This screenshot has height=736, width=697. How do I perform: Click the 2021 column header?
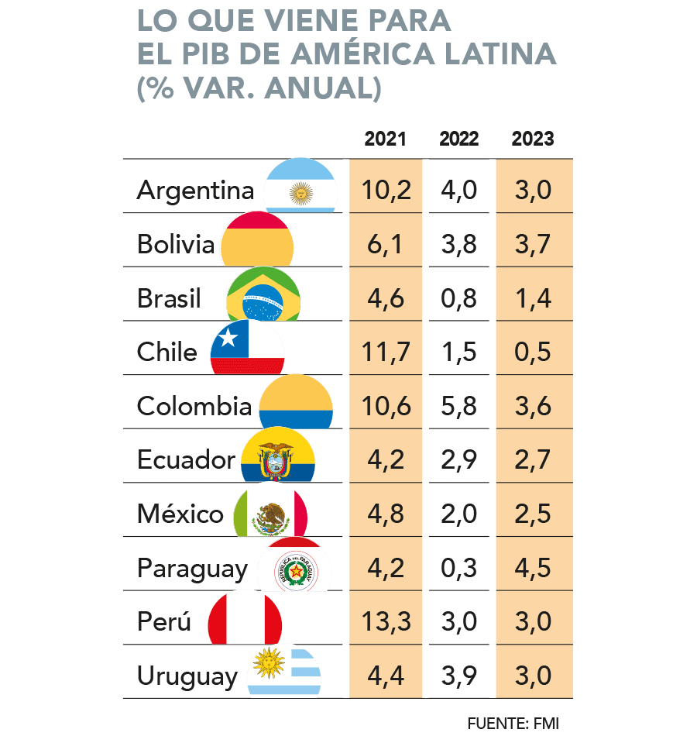pyautogui.click(x=385, y=139)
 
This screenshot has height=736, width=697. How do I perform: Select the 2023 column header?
pyautogui.click(x=532, y=139)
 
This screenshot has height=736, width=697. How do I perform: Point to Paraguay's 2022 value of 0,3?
pyautogui.click(x=458, y=568)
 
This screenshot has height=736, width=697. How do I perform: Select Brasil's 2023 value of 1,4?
pyautogui.click(x=533, y=298)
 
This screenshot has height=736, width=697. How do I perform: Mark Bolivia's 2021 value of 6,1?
pyautogui.click(x=386, y=245)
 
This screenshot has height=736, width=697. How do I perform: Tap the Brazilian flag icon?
pyautogui.click(x=263, y=296)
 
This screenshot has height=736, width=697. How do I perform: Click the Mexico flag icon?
pyautogui.click(x=270, y=511)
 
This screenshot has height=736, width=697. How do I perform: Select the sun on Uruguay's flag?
pyautogui.click(x=270, y=663)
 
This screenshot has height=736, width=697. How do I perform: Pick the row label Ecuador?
pyautogui.click(x=186, y=460)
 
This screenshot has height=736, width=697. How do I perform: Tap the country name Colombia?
pyautogui.click(x=194, y=406)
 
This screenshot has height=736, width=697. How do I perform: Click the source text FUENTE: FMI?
pyautogui.click(x=512, y=723)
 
